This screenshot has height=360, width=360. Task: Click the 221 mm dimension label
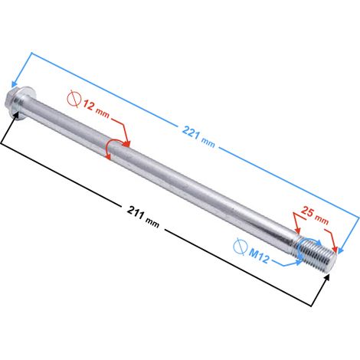click(198, 136)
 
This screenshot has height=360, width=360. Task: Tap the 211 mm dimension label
click(143, 217)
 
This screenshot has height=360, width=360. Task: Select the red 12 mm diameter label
click(97, 109)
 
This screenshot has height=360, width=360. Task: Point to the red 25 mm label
click(315, 215)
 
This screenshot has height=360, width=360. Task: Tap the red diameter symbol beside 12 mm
click(74, 99)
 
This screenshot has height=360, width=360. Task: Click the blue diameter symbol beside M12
click(241, 246)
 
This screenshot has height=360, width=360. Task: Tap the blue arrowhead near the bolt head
click(15, 84)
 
